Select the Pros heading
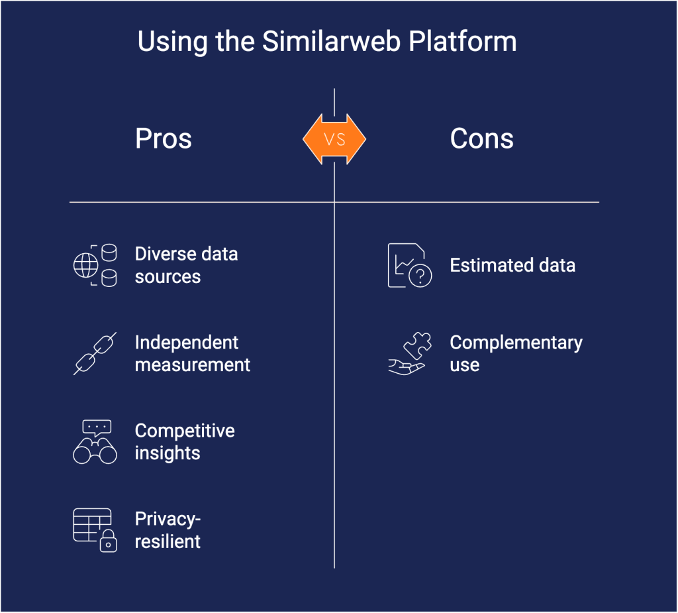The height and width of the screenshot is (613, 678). coord(164,139)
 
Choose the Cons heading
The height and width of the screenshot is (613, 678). coord(481,139)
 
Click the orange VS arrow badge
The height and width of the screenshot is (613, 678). coord(334,139)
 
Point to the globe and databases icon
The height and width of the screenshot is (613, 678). coord(95,265)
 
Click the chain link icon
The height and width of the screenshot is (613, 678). coord(95,353)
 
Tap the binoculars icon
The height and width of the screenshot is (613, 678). coord(95,442)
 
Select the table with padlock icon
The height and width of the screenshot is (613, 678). coord(95,530)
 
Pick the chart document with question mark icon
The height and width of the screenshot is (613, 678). coord(409,265)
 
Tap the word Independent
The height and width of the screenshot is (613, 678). coord(187,343)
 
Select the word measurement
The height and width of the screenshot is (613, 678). coord(193,364)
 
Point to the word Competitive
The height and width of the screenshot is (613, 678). coord(185,431)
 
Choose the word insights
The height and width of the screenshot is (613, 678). coord(168,453)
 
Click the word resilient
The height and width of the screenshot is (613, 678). coord(168,541)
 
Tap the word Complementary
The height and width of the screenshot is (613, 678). coord(516,343)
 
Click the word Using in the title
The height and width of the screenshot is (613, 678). coord(164,42)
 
